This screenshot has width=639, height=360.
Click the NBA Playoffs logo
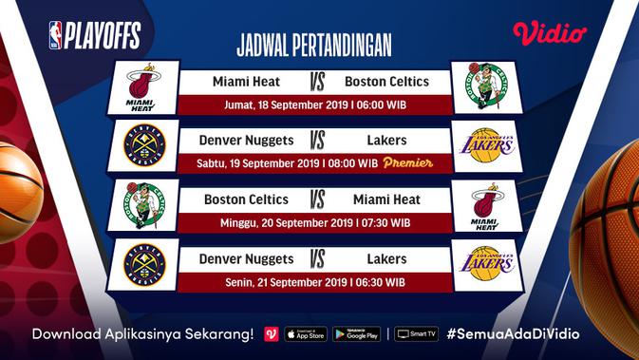94,35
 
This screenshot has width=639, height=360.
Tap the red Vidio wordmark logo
550,33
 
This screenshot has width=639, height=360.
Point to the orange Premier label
409,163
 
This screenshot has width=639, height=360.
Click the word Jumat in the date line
238,104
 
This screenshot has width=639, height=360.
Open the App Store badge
306,334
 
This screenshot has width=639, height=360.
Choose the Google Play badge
356,334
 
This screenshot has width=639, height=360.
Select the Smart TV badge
417,334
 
